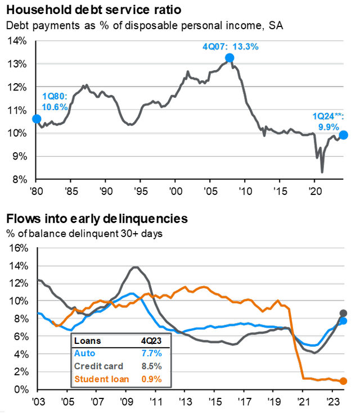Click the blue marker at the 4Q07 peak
229,58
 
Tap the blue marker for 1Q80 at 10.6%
36,119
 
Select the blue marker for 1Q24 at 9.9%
344,135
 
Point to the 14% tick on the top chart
16,41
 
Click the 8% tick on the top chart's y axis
18,180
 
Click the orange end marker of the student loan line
344,381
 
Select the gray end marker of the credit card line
344,313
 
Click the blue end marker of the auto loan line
344,321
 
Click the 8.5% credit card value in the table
150,366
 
